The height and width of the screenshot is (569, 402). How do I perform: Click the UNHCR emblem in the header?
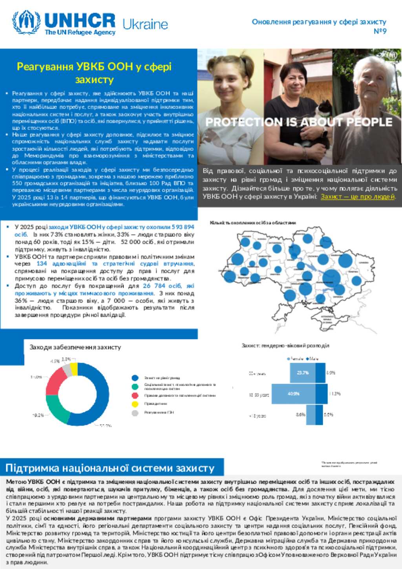click(26, 22)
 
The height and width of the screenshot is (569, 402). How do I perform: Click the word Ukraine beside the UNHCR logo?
click(145, 24)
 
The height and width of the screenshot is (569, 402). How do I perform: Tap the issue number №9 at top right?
click(380, 31)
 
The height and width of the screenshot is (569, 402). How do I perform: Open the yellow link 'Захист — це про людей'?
click(358, 196)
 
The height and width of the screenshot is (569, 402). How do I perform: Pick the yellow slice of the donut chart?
click(74, 369)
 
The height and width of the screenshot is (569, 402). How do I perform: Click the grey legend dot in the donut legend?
click(135, 413)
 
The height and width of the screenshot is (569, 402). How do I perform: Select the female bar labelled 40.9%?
click(293, 394)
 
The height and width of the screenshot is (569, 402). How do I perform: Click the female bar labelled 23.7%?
click(302, 373)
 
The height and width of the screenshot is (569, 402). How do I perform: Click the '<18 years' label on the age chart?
click(258, 415)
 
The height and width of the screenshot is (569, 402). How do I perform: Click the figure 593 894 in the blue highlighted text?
click(183, 227)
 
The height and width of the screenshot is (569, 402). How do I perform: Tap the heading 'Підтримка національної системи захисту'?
click(110, 468)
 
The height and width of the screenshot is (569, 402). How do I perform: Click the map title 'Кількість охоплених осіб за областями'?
click(253, 223)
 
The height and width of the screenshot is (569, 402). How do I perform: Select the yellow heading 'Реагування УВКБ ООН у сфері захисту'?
click(94, 73)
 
